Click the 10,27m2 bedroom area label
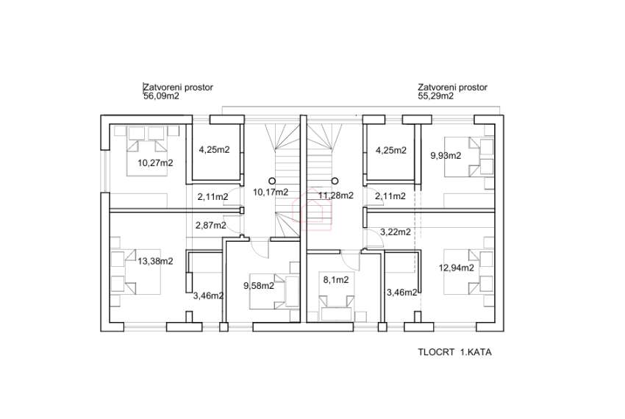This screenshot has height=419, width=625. point(155,162)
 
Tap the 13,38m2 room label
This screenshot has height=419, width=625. point(155,261)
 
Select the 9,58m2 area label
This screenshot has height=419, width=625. point(259,285)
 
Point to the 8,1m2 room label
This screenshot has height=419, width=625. point(335,280)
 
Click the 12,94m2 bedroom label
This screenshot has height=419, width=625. point(457,268)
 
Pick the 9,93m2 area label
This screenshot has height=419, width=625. point(446,156)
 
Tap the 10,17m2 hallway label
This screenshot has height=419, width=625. point(271,192)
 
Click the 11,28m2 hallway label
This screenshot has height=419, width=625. point(335,196)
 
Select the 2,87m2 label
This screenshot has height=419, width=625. point(211,225)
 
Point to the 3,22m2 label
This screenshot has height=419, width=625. point(396,232)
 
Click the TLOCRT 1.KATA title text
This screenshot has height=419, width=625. point(454,352)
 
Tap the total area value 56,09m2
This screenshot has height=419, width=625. point(161,96)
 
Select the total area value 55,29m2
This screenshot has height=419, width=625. point(435,96)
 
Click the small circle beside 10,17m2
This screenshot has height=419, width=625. point(272,181)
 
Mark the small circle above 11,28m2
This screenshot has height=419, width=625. point(335,181)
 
